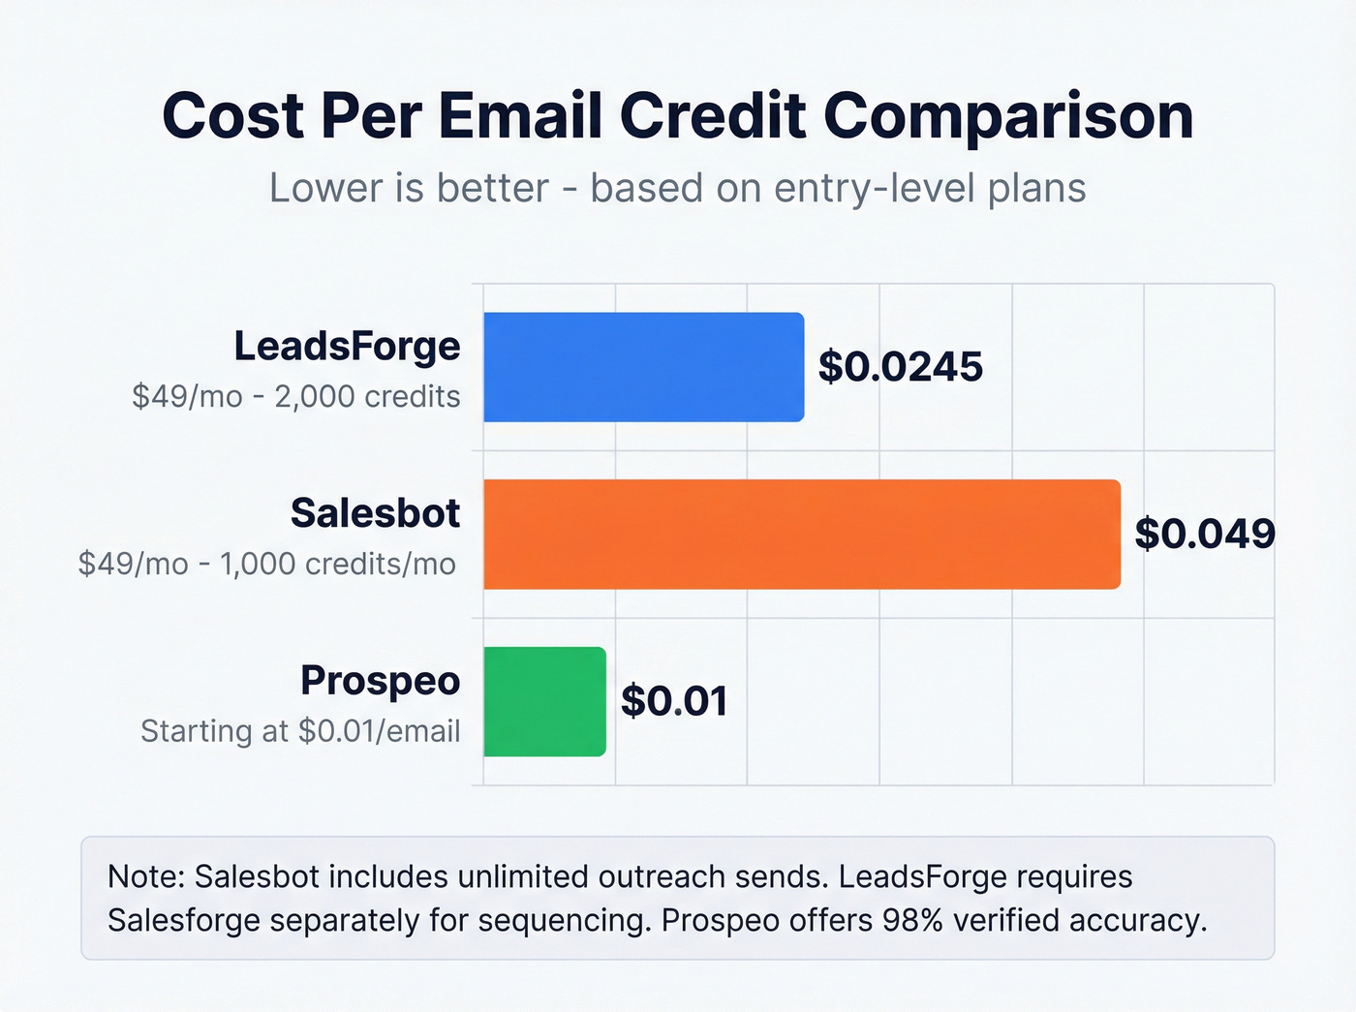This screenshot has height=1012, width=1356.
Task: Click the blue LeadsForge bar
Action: [x=643, y=367]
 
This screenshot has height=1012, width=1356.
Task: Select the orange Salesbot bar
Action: [x=801, y=534]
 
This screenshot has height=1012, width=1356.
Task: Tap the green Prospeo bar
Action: [x=544, y=701]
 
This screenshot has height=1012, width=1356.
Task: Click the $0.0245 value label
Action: [x=900, y=367]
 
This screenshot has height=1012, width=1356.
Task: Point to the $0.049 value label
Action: [x=1204, y=534]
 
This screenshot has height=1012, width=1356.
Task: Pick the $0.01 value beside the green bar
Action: [x=674, y=701]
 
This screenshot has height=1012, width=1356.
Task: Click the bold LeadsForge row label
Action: [x=347, y=346]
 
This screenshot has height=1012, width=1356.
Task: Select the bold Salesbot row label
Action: [x=375, y=513]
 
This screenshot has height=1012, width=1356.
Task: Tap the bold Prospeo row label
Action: [x=380, y=681]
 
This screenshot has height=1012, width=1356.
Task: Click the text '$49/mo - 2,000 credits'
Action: [x=296, y=397]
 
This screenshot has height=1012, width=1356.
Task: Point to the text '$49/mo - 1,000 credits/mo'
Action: [x=267, y=564]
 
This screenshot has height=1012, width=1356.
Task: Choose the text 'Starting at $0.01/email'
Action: [x=300, y=731]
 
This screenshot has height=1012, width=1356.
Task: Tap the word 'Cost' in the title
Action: [x=232, y=116]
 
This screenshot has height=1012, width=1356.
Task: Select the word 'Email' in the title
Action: [x=520, y=116]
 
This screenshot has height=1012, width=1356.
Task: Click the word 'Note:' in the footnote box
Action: [x=145, y=876]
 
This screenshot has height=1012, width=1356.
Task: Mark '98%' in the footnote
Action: [x=912, y=920]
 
